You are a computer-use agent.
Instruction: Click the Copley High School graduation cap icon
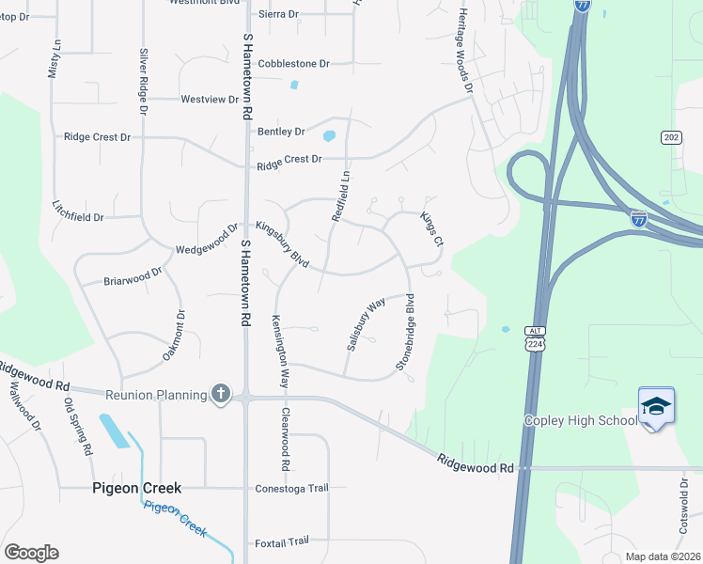click(656, 406)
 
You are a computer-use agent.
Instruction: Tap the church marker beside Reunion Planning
click(221, 394)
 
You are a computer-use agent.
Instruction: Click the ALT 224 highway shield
click(535, 339)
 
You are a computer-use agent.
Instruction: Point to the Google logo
click(31, 553)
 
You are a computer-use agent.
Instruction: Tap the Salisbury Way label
click(366, 325)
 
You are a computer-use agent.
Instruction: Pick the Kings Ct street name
click(431, 229)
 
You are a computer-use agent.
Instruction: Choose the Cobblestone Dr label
click(293, 64)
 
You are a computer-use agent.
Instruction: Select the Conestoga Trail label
click(291, 488)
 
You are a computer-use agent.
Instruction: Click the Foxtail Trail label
click(282, 542)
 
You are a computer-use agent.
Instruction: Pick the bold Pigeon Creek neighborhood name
click(136, 488)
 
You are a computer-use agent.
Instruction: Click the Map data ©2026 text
click(662, 556)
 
